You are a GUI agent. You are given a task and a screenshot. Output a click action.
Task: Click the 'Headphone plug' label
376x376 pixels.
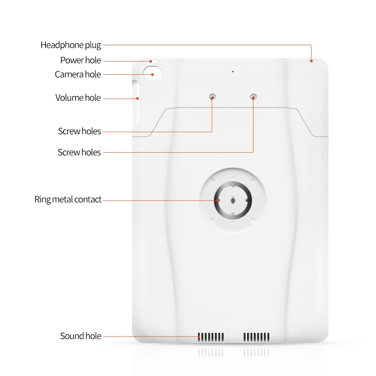[x=70, y=45]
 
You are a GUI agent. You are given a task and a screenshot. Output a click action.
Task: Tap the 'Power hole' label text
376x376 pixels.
[x=80, y=60]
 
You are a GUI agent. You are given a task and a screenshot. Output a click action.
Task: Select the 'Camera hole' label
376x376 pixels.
[x=78, y=74]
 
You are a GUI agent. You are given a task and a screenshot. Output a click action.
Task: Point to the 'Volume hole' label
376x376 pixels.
[x=78, y=98]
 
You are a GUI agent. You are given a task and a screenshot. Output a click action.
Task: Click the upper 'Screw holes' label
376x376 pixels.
[x=79, y=131]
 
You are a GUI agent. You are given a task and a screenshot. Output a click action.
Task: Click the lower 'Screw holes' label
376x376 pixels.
[x=79, y=152]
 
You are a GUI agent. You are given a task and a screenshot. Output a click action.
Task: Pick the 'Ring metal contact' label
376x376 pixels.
[x=68, y=199]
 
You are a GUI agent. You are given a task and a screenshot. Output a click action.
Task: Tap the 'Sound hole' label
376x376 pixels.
[x=80, y=336]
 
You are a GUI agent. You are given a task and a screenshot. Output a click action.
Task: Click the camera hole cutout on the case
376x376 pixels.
[x=152, y=74]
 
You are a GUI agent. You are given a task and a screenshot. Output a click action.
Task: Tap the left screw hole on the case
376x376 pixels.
[x=213, y=97]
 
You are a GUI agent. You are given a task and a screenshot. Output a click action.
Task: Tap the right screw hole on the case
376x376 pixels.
[x=254, y=97]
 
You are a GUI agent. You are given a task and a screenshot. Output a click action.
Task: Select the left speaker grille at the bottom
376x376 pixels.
[x=211, y=337]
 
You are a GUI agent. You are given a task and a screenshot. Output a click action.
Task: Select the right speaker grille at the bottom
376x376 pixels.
[x=256, y=337]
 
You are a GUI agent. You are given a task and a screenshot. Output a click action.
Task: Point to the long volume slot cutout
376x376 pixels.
[x=135, y=102]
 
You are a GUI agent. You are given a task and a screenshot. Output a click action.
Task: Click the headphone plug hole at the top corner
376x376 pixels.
[x=311, y=61]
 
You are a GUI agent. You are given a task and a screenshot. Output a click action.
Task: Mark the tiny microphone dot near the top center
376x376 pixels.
[x=233, y=71]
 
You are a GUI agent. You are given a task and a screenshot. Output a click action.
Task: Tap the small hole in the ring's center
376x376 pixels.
[x=234, y=200]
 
